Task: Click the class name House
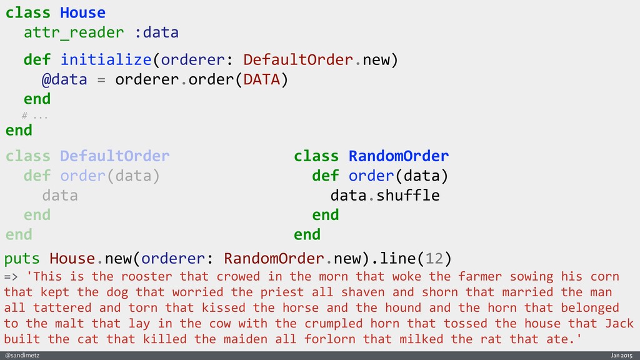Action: [82, 12]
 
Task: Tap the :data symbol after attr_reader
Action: [156, 32]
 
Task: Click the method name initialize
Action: [106, 60]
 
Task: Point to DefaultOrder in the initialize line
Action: [299, 60]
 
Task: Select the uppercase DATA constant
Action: [262, 80]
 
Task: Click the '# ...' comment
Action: [35, 116]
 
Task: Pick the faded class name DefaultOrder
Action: [114, 156]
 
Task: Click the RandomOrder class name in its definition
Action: [398, 156]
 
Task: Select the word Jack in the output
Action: [619, 323]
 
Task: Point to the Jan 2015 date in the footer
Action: [621, 355]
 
